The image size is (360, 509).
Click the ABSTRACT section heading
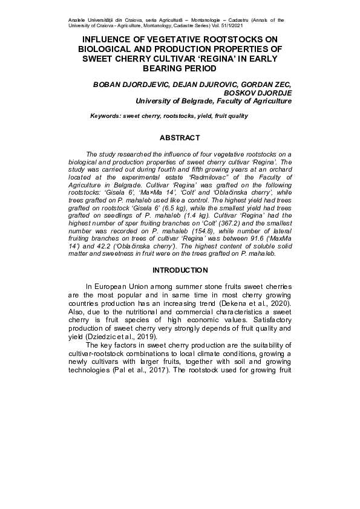pos(180,138)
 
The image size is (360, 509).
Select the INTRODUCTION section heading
pos(180,270)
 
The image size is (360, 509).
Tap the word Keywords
pos(105,115)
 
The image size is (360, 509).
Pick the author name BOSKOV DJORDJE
pos(258,94)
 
